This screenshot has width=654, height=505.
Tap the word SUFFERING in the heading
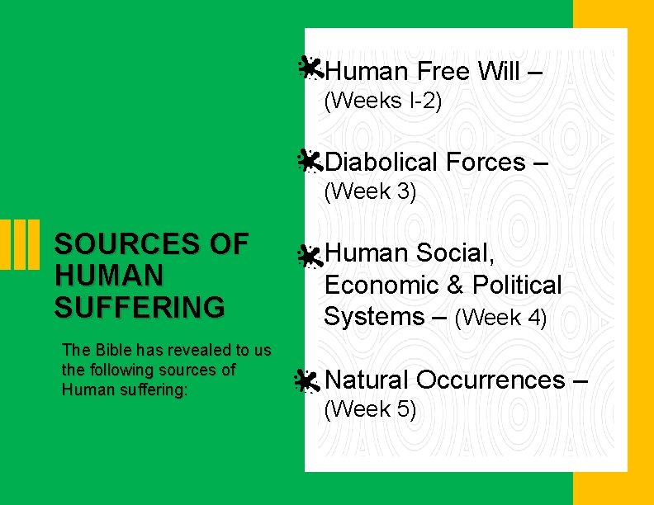(139, 307)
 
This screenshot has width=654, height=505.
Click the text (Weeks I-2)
(382, 101)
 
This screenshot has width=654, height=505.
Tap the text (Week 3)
(370, 192)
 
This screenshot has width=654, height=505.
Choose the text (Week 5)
(370, 409)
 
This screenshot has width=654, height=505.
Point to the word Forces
(485, 163)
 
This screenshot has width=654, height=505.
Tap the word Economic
(381, 286)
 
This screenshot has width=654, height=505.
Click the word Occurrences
(490, 380)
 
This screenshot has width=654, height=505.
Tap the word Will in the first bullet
(498, 72)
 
